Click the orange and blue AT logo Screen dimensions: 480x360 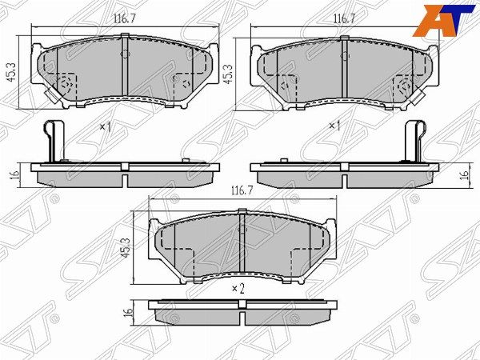point(445,20)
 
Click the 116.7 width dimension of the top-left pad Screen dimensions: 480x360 point(125,19)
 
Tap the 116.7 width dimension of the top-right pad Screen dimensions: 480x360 point(344,19)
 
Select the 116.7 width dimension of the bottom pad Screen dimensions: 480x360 point(242,191)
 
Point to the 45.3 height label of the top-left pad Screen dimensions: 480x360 point(12,72)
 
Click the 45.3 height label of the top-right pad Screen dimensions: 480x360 point(228,74)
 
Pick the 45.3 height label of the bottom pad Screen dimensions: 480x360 point(126,247)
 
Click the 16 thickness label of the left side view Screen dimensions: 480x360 point(15,175)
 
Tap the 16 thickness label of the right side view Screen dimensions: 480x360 point(465,175)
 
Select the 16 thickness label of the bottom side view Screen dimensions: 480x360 point(129,312)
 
